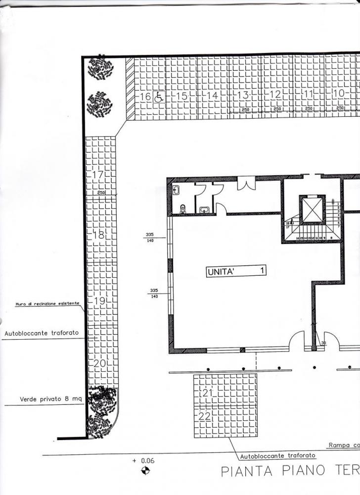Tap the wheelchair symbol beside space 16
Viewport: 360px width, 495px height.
coord(159,97)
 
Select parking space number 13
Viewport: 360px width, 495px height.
coord(243,95)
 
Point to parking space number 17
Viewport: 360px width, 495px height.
coord(97,175)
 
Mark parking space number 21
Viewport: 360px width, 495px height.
coord(206,393)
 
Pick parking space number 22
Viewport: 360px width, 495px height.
coord(204,417)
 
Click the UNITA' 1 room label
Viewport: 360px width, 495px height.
coord(236,271)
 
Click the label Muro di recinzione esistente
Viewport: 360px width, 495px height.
coord(47,304)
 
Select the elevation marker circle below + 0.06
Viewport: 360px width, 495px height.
coord(145,471)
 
